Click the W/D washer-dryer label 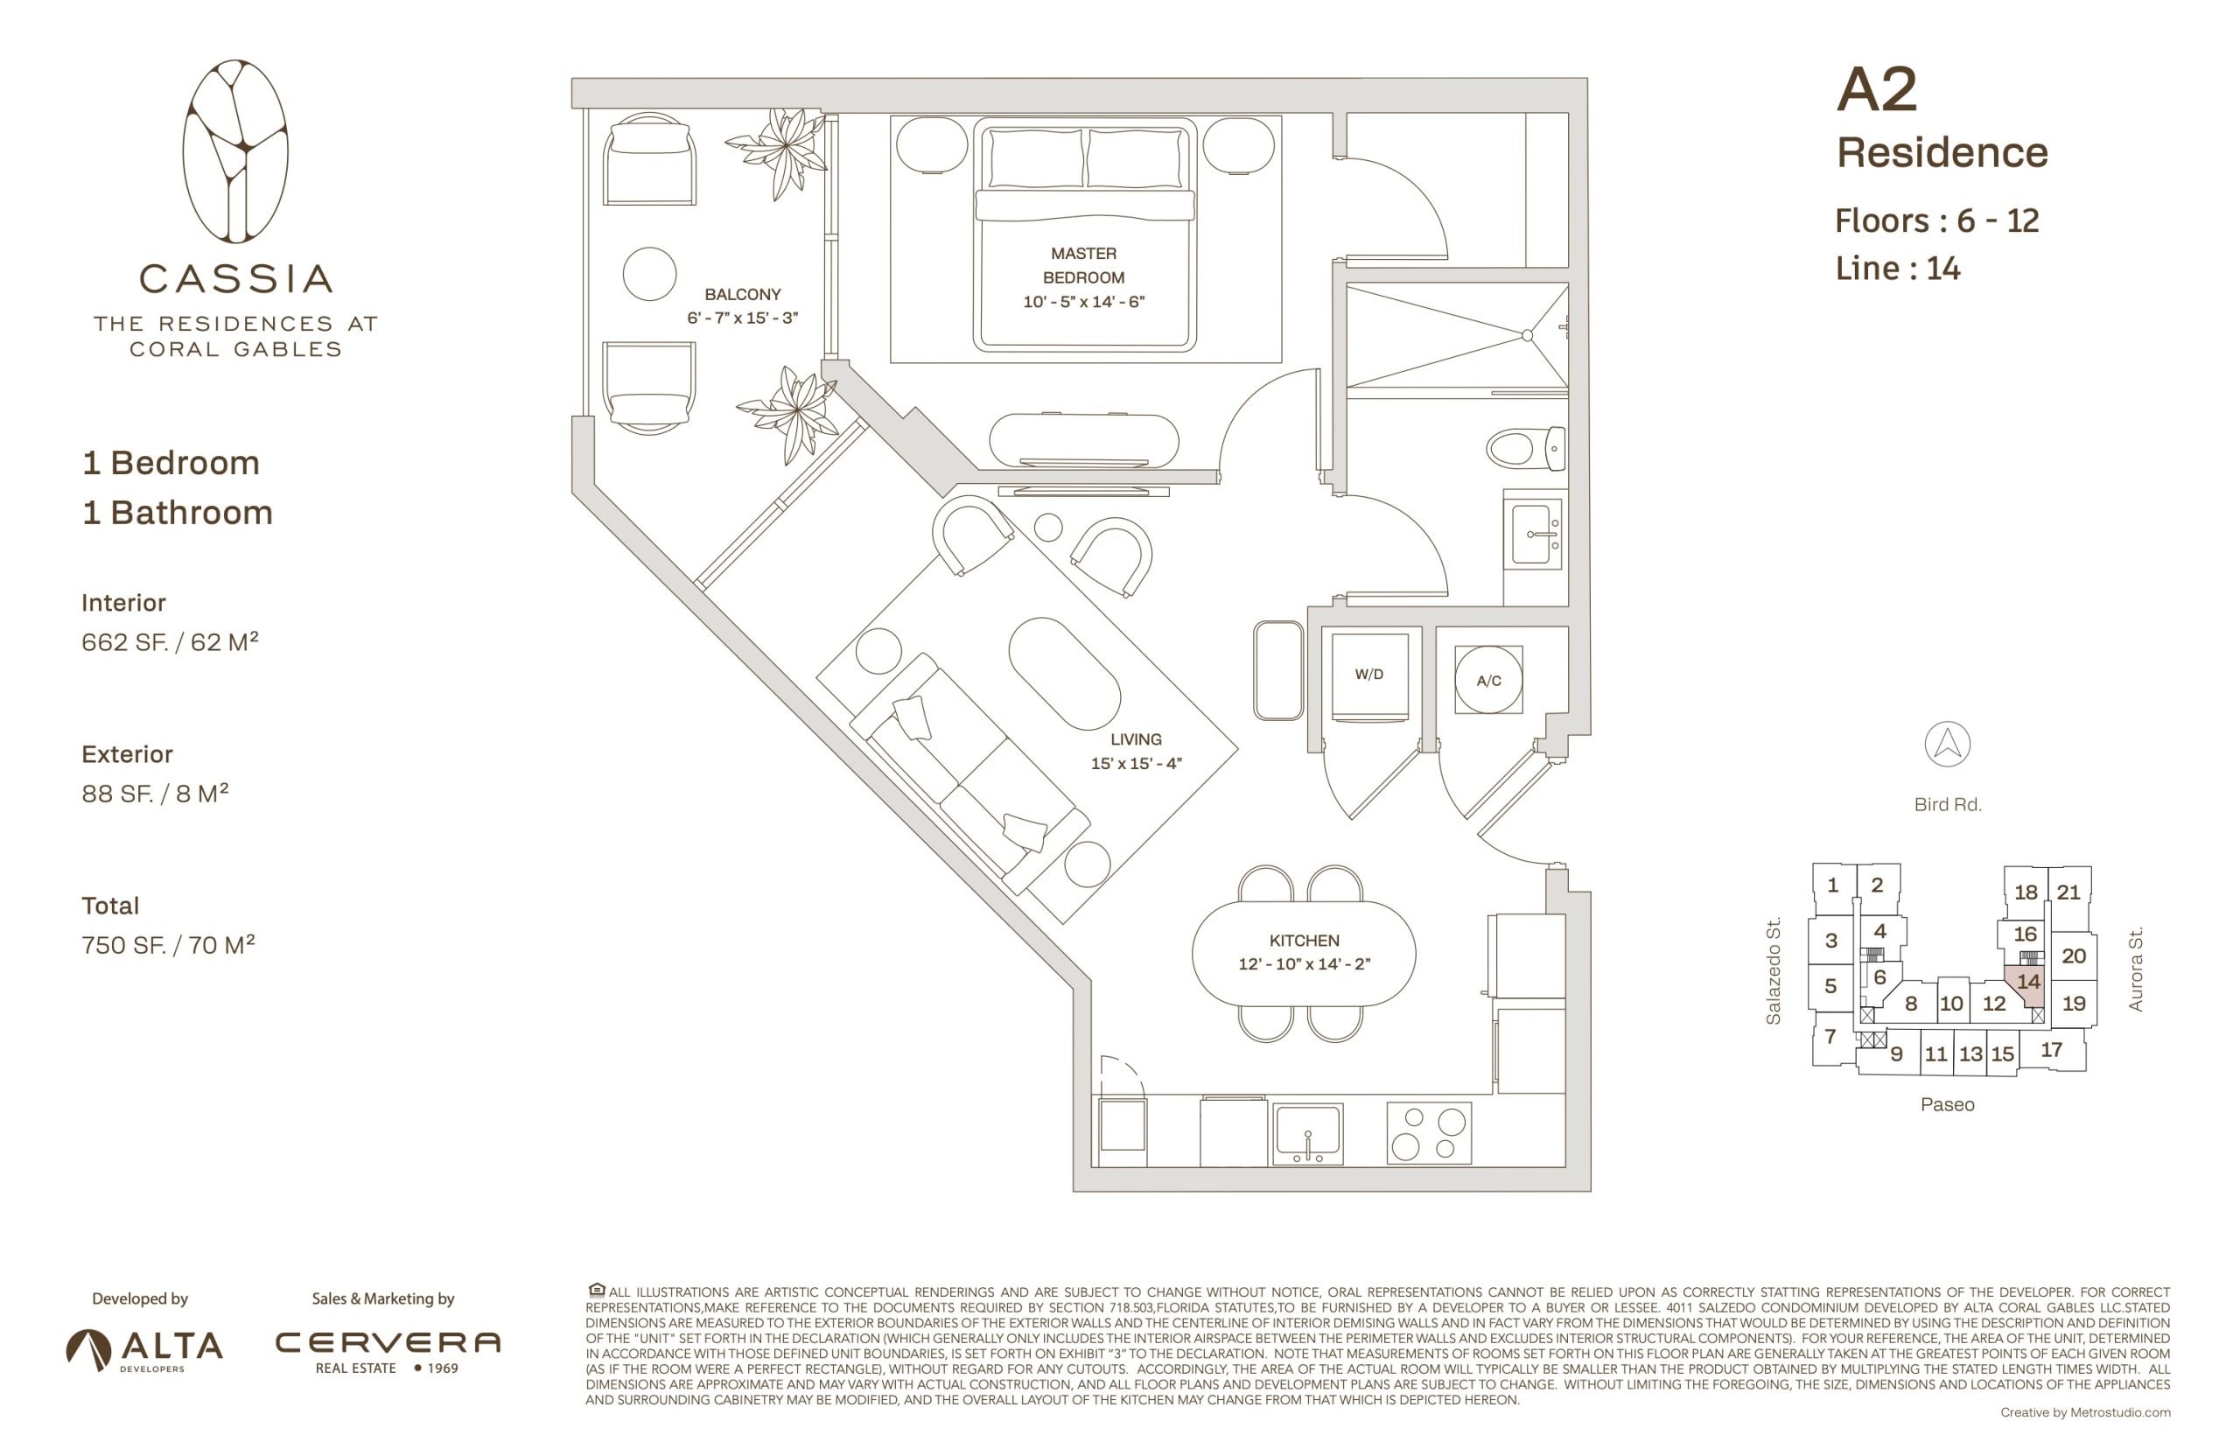[x=1368, y=675]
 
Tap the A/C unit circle [x=1488, y=679]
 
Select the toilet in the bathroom [x=1526, y=448]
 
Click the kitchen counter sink [x=1307, y=1134]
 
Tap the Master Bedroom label [x=1084, y=265]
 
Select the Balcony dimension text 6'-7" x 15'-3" [x=742, y=318]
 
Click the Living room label [x=1136, y=739]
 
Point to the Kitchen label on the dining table [x=1304, y=941]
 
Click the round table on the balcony [x=649, y=274]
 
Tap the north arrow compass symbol [x=1948, y=745]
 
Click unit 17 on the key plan [x=2052, y=1049]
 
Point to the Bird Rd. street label [x=1948, y=804]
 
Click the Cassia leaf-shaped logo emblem [x=235, y=151]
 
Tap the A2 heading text [x=1877, y=90]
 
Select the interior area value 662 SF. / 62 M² [x=170, y=641]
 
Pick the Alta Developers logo [x=144, y=1350]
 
